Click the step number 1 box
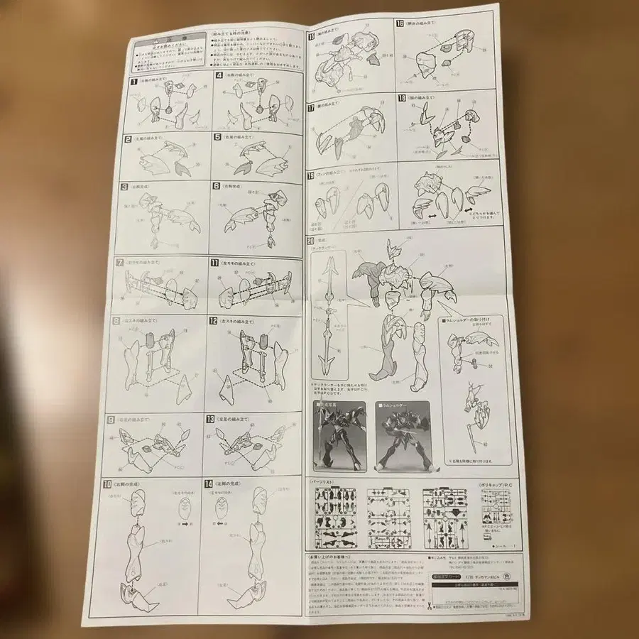point(133,82)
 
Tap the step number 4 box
point(219,74)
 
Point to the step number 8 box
point(116,320)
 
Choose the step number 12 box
point(213,320)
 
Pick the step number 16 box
point(402,23)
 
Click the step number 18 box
point(402,98)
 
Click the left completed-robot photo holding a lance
point(338,435)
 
